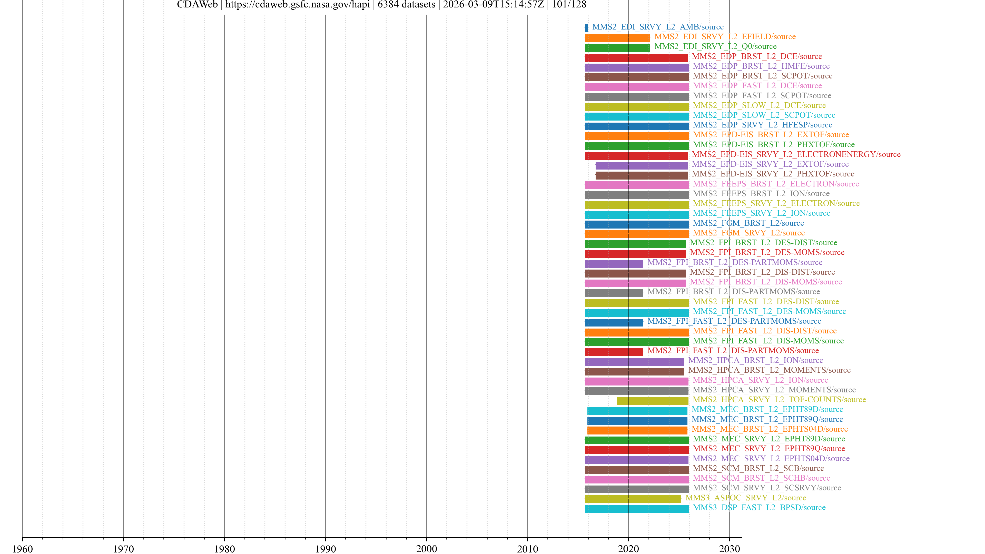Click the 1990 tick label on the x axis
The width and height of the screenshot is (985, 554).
coord(326,549)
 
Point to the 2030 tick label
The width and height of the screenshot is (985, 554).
coord(729,549)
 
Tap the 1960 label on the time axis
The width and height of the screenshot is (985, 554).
coord(23,549)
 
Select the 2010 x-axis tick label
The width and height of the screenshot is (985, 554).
coord(527,549)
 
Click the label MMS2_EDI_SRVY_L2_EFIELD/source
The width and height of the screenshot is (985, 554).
coord(725,37)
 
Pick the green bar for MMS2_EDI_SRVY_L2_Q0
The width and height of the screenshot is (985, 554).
coord(617,48)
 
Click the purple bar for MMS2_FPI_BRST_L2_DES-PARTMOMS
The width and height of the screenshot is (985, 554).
coord(614,263)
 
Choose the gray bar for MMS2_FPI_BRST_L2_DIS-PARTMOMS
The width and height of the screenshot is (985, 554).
coord(614,293)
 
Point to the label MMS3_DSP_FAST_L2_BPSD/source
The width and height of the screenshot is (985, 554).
coord(759,507)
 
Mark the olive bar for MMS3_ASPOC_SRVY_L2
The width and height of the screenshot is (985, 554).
coord(633,499)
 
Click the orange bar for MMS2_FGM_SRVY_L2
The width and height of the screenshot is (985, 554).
coord(636,234)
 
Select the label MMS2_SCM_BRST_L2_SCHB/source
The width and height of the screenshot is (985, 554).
coord(761,478)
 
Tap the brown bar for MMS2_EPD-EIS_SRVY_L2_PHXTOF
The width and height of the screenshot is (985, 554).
coord(641,175)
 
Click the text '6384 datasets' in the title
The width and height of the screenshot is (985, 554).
coord(406,5)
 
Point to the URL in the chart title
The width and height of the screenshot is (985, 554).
coord(298,5)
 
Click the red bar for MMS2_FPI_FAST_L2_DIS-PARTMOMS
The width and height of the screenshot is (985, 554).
coord(614,352)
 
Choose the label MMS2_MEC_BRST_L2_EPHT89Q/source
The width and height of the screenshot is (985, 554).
coord(767,419)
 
